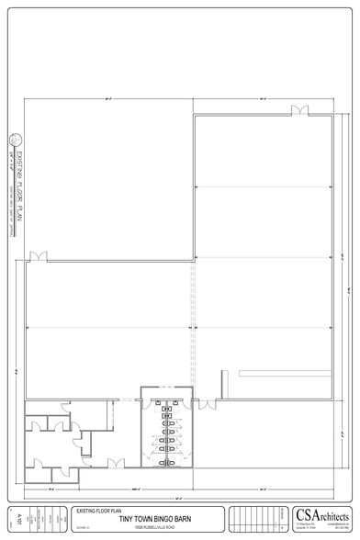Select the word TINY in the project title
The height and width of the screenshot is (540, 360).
click(x=126, y=520)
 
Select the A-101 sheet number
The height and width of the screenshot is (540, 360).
click(x=20, y=519)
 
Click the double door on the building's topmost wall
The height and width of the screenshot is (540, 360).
click(x=299, y=112)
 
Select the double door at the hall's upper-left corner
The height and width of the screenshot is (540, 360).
click(x=37, y=257)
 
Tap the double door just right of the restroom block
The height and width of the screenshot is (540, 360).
click(x=207, y=402)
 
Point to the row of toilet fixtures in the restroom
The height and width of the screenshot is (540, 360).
click(x=167, y=432)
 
